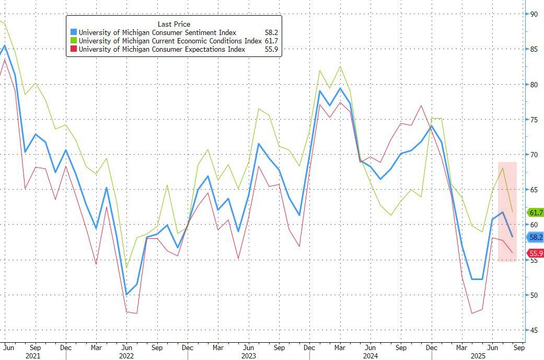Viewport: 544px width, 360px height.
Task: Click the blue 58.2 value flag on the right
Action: click(x=536, y=237)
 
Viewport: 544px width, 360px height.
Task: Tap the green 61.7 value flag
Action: click(x=536, y=213)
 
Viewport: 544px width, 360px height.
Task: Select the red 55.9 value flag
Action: click(x=536, y=253)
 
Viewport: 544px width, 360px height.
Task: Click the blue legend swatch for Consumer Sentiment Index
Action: click(x=74, y=33)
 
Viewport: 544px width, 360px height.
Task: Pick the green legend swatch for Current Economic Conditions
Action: click(x=74, y=41)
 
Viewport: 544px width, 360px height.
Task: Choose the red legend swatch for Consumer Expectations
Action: click(x=74, y=50)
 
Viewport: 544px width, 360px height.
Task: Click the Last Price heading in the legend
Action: click(x=174, y=24)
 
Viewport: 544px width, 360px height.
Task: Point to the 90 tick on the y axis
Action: click(x=534, y=14)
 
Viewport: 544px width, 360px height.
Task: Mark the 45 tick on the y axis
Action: click(x=534, y=330)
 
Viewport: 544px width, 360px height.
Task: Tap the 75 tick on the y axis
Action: click(x=534, y=120)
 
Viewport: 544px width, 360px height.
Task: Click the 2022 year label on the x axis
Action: click(x=126, y=355)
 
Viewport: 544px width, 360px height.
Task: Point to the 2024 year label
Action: click(x=371, y=355)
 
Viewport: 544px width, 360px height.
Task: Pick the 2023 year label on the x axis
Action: click(x=248, y=355)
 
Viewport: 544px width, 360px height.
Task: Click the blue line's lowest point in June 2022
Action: click(x=126, y=294)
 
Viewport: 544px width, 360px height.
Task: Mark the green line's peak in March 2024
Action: click(x=341, y=66)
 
